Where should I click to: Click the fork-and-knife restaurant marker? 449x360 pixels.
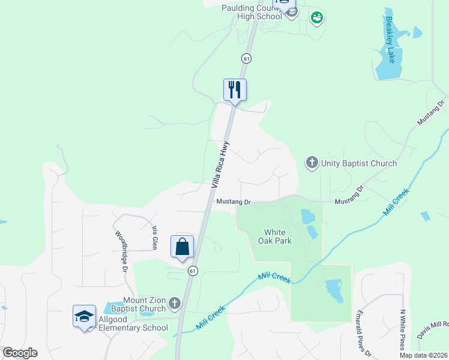(235, 90)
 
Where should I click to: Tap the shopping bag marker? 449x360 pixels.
(182, 247)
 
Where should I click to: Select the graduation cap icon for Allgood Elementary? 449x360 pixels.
(84, 316)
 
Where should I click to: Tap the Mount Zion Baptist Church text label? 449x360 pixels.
(144, 304)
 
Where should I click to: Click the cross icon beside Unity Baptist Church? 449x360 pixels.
(312, 163)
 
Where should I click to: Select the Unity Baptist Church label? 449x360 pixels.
(359, 163)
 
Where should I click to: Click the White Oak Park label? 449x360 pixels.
(278, 236)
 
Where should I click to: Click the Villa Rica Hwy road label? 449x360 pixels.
(220, 168)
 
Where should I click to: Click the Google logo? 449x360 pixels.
(19, 353)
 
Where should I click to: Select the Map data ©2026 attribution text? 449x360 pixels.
(424, 355)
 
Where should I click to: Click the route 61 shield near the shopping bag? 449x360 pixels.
(192, 271)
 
